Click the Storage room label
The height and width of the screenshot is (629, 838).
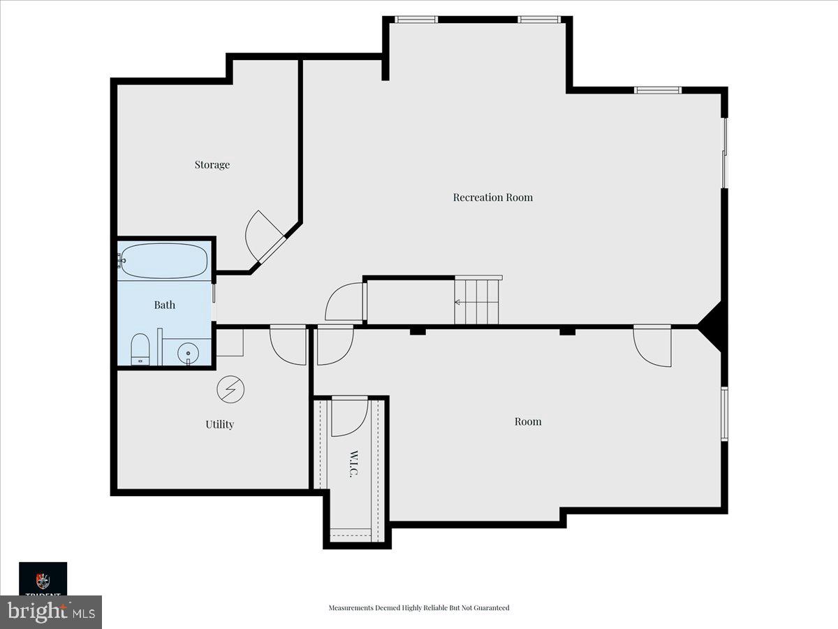(x=212, y=165)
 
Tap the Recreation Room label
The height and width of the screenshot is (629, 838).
(x=493, y=197)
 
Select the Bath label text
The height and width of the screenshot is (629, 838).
(x=165, y=305)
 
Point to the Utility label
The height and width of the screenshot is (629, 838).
(x=219, y=424)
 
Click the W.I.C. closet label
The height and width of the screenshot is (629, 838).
(x=353, y=464)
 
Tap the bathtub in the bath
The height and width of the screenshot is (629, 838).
(x=164, y=261)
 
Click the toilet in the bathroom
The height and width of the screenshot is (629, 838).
(x=140, y=349)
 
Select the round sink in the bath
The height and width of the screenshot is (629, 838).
(x=188, y=353)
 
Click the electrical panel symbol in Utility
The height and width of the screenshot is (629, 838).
(x=230, y=389)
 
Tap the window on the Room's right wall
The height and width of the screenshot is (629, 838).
(x=724, y=414)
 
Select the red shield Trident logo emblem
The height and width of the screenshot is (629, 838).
(x=43, y=581)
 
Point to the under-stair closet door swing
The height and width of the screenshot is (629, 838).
(x=344, y=302)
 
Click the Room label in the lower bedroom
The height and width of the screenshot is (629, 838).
(x=528, y=421)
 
